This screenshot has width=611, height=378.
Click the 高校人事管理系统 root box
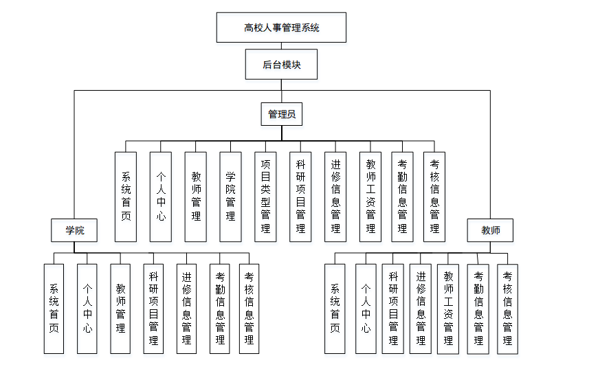pyautogui.click(x=281, y=27)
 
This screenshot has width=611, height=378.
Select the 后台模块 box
pyautogui.click(x=281, y=65)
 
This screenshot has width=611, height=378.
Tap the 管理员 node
pyautogui.click(x=281, y=114)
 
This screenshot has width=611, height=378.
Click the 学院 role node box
pyautogui.click(x=74, y=230)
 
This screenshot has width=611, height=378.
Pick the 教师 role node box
pyautogui.click(x=491, y=230)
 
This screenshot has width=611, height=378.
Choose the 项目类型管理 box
pyautogui.click(x=265, y=197)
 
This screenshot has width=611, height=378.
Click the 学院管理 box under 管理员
pyautogui.click(x=230, y=197)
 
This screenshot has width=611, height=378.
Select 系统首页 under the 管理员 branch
pyautogui.click(x=126, y=197)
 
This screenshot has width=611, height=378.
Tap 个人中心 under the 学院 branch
pyautogui.click(x=87, y=309)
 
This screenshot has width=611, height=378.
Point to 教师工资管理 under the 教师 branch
pyautogui.click(x=448, y=309)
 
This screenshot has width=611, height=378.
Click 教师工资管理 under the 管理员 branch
pyautogui.click(x=370, y=197)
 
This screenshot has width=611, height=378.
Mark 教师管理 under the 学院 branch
pyautogui.click(x=120, y=309)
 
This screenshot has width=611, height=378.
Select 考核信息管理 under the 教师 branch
pyautogui.click(x=507, y=309)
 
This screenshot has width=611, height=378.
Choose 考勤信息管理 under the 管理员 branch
pyautogui.click(x=402, y=197)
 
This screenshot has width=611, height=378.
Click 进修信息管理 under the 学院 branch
pyautogui.click(x=186, y=309)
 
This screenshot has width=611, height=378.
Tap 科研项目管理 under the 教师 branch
pyautogui.click(x=393, y=309)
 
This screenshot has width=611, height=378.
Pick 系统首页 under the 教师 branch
pyautogui.click(x=335, y=309)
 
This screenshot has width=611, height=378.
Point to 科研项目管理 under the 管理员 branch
pyautogui.click(x=300, y=197)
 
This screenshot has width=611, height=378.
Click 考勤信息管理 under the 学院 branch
pyautogui.click(x=219, y=309)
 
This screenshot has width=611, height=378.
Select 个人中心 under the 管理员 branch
pyautogui.click(x=161, y=197)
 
